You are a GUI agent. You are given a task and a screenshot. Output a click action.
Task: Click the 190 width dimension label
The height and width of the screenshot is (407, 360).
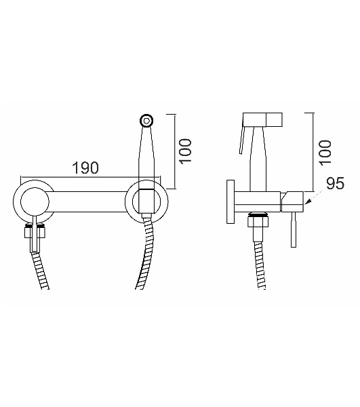pyautogui.click(x=85, y=168)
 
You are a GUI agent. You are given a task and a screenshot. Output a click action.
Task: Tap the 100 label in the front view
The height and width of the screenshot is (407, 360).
pyautogui.click(x=186, y=151)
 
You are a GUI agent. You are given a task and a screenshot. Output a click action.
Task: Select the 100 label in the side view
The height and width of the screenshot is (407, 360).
pyautogui.click(x=325, y=153)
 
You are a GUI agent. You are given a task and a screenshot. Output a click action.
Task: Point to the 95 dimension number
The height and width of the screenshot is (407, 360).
pyautogui.click(x=335, y=183)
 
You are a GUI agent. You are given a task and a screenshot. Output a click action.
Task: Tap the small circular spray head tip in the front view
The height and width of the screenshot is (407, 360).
pyautogui.click(x=146, y=121)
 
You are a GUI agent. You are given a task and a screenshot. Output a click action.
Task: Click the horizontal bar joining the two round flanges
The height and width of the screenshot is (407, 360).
pyautogui.click(x=89, y=201)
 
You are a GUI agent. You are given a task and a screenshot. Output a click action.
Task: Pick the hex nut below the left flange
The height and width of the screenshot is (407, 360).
pyautogui.click(x=35, y=232)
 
